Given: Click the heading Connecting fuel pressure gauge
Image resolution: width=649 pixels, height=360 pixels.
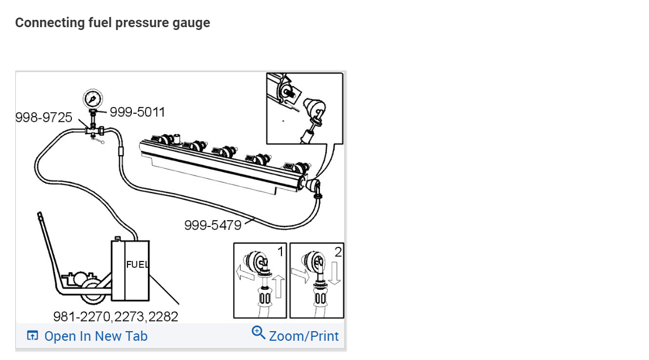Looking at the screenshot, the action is pos(113,22).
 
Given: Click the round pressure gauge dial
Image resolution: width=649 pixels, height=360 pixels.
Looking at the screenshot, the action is pos(93,99).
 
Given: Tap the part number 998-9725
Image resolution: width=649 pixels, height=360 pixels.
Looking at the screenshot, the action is pos(44,118).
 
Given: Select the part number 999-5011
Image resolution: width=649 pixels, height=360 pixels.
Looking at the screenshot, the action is pos(138,112).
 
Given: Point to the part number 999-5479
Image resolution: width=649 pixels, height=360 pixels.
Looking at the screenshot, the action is pos(213,225).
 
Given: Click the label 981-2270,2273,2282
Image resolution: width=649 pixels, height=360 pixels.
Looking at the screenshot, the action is pos(116,316).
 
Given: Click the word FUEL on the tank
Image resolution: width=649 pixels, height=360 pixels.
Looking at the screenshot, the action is pos(137,264).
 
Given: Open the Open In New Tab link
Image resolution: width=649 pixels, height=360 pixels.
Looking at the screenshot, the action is pos(96,336).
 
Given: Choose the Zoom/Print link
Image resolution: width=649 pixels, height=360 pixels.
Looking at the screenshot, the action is pos(304,336).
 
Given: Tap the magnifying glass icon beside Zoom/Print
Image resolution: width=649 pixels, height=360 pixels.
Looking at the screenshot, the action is pos(258,332).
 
